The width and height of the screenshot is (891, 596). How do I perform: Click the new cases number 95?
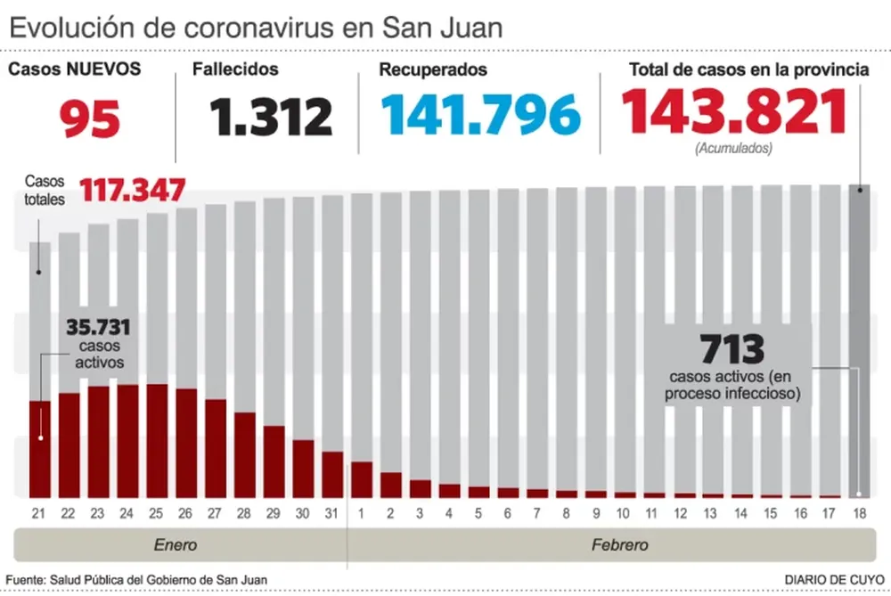tap(90, 117)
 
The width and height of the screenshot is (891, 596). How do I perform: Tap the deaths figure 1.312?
tap(271, 117)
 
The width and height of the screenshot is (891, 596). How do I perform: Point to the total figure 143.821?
tap(733, 112)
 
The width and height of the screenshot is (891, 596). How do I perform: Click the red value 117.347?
tap(133, 190)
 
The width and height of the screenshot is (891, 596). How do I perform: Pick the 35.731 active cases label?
tap(96, 326)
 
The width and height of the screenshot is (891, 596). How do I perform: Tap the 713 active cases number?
tap(732, 347)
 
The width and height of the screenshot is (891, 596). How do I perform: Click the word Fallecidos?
tap(236, 69)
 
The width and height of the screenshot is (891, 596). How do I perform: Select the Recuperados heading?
tap(433, 69)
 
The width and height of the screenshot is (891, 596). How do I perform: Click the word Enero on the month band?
tap(175, 544)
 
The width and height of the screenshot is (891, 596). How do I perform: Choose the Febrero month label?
tap(620, 544)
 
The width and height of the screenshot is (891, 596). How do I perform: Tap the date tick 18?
tap(859, 514)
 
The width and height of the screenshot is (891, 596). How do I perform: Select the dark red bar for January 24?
tap(127, 441)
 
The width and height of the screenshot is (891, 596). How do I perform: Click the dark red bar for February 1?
tap(362, 479)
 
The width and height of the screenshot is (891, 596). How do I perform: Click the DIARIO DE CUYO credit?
tap(834, 579)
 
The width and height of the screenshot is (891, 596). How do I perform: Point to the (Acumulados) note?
tap(733, 149)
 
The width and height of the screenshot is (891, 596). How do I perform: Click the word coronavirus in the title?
tap(261, 27)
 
